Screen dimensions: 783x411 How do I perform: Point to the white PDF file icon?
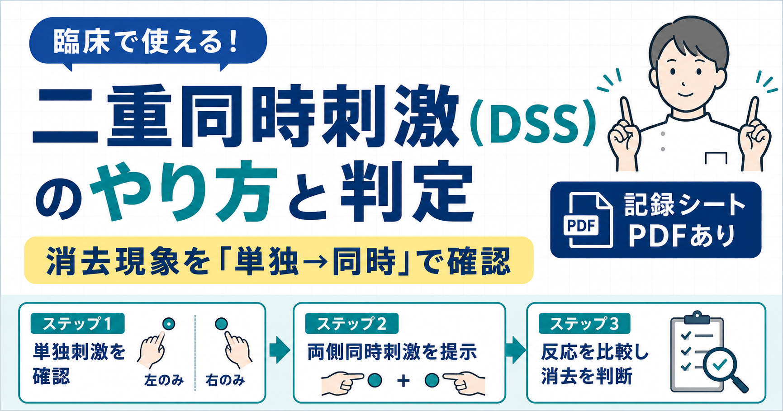tap(588, 220)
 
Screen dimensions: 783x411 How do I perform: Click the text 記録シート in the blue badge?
tap(685, 205)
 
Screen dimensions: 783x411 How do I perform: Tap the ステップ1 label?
tap(77, 323)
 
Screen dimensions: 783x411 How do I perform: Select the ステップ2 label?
tap(351, 323)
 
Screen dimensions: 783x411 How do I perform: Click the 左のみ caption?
tap(164, 380)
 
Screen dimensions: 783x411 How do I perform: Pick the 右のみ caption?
tap(225, 380)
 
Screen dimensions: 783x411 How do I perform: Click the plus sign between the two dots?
tap(403, 381)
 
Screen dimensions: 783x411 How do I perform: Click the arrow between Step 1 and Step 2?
tap(280, 350)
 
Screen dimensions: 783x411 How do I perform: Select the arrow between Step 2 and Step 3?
tap(516, 350)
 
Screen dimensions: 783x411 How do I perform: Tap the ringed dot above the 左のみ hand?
tap(169, 324)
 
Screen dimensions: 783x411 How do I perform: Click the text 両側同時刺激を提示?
tap(392, 352)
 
